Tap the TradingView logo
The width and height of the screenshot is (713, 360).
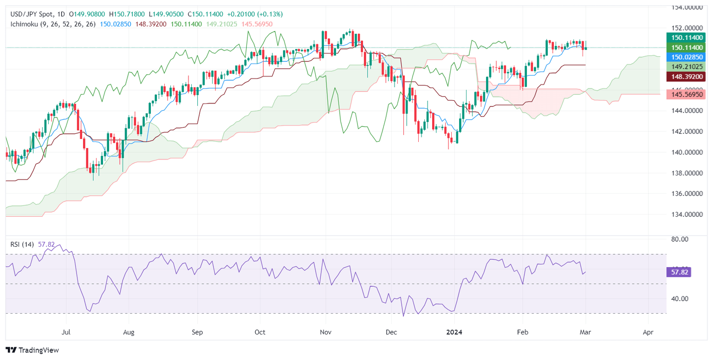pyautogui.click(x=32, y=350)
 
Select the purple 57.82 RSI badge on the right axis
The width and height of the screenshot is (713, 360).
pyautogui.click(x=679, y=272)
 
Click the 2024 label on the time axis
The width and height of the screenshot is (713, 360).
pyautogui.click(x=455, y=333)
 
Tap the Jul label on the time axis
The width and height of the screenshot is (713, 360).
pyautogui.click(x=66, y=333)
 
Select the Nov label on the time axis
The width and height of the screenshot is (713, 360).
pyautogui.click(x=326, y=333)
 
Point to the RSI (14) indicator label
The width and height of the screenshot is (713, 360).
pyautogui.click(x=21, y=244)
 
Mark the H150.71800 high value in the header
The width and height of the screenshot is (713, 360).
pyautogui.click(x=126, y=14)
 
